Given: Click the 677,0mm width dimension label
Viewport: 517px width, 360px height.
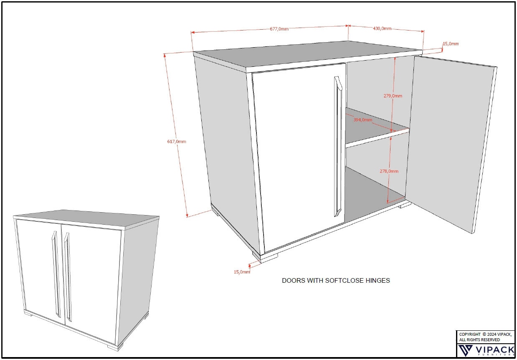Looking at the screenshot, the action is click(x=279, y=29).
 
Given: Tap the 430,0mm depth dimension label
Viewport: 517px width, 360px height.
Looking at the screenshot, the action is click(x=382, y=28).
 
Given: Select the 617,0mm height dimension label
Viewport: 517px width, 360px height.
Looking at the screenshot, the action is click(x=177, y=142).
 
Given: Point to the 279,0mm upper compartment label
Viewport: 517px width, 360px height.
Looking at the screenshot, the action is click(x=393, y=96).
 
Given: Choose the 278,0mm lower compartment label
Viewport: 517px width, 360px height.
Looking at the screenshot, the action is click(x=389, y=171).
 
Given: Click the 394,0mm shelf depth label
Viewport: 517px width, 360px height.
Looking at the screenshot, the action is click(x=363, y=120).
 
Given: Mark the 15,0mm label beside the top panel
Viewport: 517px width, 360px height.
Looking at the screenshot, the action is click(x=451, y=43).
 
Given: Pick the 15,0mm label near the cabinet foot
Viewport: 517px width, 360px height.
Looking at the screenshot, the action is click(x=242, y=272).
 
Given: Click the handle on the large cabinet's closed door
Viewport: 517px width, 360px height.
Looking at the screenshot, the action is click(x=338, y=146).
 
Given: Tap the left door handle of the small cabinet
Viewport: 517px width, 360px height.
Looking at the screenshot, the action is click(x=56, y=274).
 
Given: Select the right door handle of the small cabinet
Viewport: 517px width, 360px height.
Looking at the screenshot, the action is click(x=68, y=277).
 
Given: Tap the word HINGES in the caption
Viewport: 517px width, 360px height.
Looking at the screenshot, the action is click(x=378, y=280).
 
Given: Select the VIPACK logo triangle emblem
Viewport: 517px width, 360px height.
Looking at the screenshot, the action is click(x=465, y=350).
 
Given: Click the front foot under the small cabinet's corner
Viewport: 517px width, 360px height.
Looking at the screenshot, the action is click(x=115, y=347).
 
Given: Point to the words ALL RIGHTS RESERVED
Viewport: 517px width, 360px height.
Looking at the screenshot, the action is click(x=479, y=340).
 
